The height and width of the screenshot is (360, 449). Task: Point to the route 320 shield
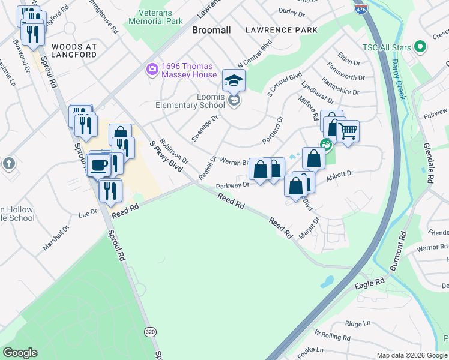[151, 331]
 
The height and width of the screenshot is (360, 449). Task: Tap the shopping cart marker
[347, 131]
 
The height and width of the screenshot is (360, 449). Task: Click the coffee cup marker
[98, 165]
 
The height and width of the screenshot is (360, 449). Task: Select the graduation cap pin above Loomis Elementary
[234, 80]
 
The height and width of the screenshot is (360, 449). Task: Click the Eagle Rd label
[369, 283]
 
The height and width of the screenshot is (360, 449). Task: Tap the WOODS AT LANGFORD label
[74, 50]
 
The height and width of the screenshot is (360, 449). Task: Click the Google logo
[20, 353]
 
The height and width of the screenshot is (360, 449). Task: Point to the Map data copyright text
[411, 355]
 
